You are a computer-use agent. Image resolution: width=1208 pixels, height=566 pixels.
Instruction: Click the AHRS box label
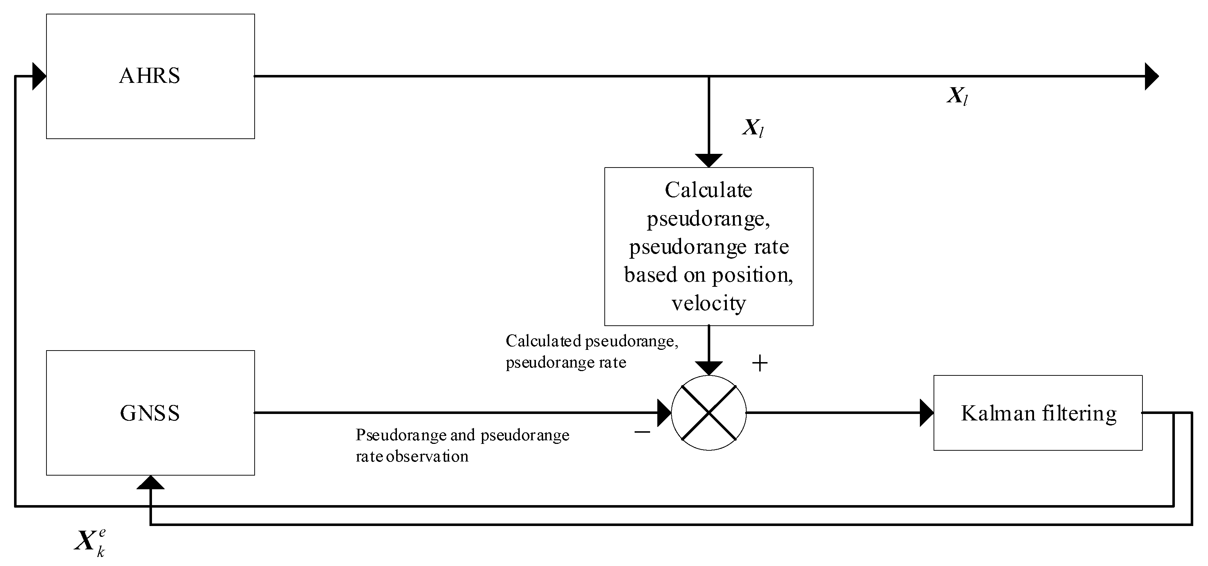click(x=149, y=76)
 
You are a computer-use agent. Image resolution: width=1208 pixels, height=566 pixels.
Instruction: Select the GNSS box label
click(x=149, y=413)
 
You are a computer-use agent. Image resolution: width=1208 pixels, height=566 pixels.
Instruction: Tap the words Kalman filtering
click(x=1038, y=413)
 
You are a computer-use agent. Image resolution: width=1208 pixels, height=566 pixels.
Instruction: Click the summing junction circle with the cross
click(x=708, y=413)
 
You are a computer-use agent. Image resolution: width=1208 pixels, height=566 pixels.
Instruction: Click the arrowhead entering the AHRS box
click(x=39, y=76)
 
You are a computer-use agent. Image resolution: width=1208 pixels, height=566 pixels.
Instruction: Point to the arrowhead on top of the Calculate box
click(x=708, y=160)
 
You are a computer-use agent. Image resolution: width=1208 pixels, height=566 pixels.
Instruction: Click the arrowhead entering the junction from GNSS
click(x=664, y=413)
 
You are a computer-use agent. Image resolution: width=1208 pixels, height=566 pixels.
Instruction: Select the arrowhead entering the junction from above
click(x=708, y=368)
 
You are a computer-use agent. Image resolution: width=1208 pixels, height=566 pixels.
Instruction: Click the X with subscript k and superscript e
click(x=90, y=543)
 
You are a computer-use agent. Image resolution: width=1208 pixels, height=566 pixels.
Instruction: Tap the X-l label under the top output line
click(x=957, y=96)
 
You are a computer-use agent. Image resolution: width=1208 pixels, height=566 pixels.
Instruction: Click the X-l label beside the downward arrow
click(x=753, y=128)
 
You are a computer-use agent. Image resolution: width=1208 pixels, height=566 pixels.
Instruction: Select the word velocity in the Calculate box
click(x=708, y=303)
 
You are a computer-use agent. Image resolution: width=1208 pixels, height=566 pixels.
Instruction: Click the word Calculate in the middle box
click(x=708, y=190)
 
